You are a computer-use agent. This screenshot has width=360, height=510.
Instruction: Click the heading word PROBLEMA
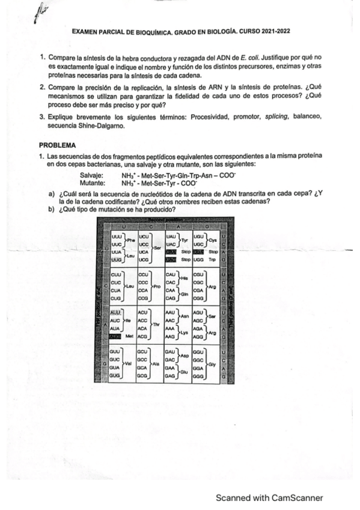click(58, 145)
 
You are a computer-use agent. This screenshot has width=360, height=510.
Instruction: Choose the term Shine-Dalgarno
click(94, 125)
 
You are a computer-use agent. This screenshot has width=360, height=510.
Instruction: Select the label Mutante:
click(92, 182)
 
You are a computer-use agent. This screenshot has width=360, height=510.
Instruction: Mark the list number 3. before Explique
click(42, 115)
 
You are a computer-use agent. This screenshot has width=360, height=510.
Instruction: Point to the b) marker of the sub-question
click(52, 209)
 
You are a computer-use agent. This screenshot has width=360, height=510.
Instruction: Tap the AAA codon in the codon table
click(170, 329)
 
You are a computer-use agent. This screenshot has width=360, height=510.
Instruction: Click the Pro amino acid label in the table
click(156, 287)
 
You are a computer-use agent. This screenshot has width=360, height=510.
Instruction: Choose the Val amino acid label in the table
click(127, 363)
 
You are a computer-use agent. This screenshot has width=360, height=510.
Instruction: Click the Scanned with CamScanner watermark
click(270, 497)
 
